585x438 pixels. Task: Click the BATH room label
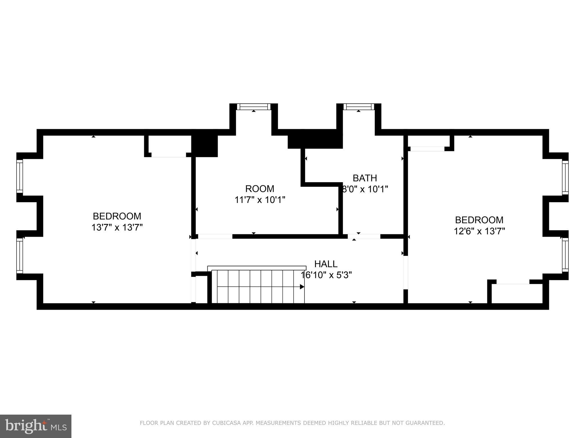pos(364,178)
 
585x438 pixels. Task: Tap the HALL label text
pos(326,264)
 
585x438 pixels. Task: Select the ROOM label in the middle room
pos(259,189)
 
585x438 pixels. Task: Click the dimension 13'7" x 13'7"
pos(117,228)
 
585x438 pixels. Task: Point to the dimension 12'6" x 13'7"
pos(479,231)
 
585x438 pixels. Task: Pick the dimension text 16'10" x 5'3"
pos(326,275)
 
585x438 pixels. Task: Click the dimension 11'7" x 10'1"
pos(260,200)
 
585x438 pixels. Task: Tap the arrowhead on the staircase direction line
pos(302,287)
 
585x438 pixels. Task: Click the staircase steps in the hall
pos(257,287)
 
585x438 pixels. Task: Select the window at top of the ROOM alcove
pos(254,107)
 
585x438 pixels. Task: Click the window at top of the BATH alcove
pos(358,107)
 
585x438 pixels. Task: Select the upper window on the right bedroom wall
pos(565,177)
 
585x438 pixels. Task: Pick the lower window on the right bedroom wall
pos(565,255)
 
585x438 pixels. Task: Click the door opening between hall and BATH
pos(364,236)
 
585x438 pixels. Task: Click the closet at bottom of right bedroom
pos(516,294)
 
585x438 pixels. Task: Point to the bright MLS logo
pos(35,426)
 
